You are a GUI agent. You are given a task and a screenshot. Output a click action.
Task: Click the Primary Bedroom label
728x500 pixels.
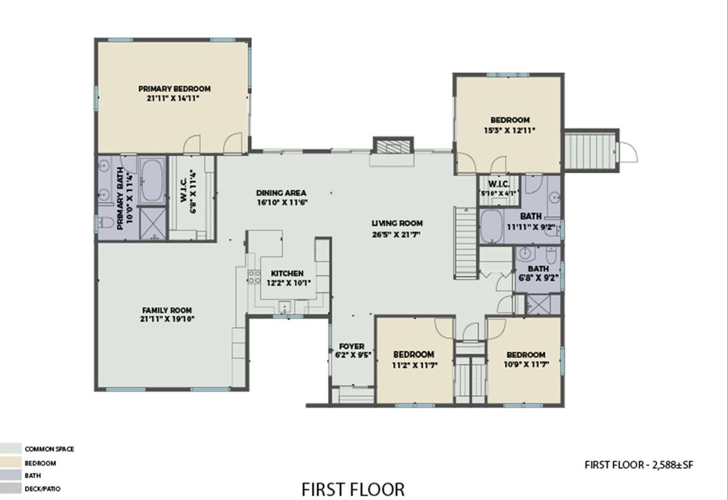[174, 89]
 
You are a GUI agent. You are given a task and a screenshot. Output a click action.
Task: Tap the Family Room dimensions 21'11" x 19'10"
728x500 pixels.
[167, 319]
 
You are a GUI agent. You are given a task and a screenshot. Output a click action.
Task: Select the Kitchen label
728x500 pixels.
[287, 274]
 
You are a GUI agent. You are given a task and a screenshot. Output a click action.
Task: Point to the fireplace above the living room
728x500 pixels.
[394, 146]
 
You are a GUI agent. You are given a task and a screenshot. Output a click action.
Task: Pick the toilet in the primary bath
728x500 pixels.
[106, 223]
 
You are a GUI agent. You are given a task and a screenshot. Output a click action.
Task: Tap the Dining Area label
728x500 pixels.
[281, 193]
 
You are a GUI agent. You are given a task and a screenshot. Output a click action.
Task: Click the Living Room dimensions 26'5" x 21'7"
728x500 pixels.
[396, 234]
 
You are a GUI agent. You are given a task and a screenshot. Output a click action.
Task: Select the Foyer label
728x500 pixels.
[351, 346]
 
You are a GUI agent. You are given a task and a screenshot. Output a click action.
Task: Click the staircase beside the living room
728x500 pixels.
[466, 243]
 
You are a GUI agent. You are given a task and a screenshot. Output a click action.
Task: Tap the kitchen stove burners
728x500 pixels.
[254, 277]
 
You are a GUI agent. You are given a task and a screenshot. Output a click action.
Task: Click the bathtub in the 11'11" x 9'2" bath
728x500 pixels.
[491, 227]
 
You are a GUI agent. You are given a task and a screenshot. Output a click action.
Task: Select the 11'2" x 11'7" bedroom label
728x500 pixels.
[413, 354]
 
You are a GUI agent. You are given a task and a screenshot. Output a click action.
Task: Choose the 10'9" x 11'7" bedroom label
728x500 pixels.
[526, 354]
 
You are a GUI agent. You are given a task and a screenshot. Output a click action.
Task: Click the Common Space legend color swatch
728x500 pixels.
[11, 448]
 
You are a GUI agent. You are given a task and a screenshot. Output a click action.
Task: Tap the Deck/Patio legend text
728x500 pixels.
[43, 489]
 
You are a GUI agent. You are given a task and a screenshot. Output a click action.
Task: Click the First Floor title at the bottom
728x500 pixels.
[353, 489]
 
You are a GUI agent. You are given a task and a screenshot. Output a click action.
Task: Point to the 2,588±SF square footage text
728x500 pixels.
[673, 465]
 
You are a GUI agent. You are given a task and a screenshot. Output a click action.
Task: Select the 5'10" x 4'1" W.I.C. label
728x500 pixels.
[499, 184]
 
